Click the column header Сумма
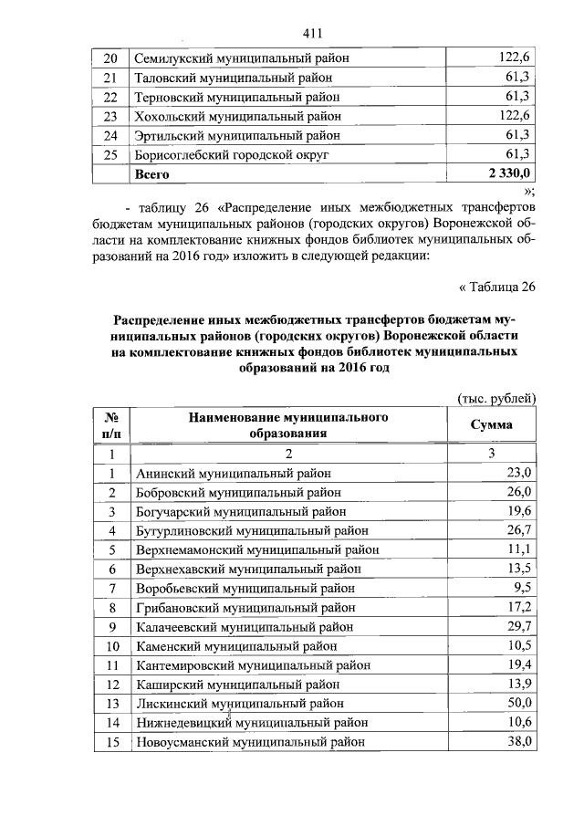[x=491, y=425]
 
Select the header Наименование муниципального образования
[x=288, y=425]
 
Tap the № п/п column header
[x=111, y=425]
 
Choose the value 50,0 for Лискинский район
[x=518, y=703]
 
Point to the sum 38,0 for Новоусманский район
[x=518, y=741]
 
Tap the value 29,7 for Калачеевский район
[x=518, y=626]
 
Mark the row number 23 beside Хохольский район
[x=111, y=117]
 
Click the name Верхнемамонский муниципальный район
[x=255, y=549]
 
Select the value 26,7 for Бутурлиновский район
[x=518, y=529]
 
